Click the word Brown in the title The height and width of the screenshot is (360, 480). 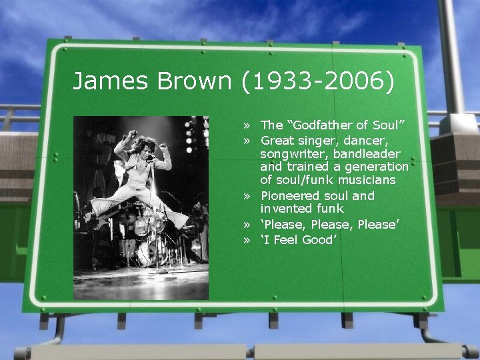[194, 81]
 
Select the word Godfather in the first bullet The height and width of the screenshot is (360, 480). [320, 125]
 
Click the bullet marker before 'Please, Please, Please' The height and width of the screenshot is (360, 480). [247, 225]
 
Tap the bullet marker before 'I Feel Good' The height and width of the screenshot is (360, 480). [247, 240]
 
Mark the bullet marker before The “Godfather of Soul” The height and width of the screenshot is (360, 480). [247, 125]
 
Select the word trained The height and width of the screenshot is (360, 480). [307, 166]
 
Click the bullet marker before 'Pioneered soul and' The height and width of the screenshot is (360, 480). [247, 197]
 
